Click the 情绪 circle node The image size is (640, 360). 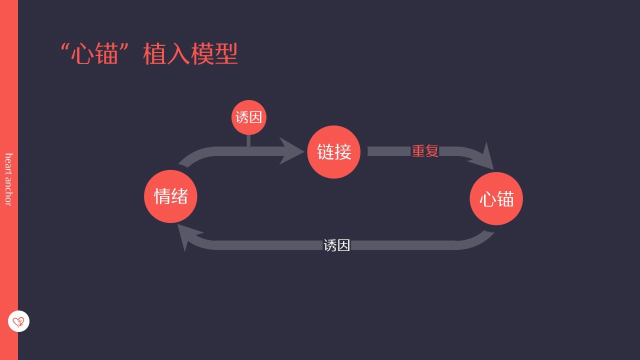click(170, 196)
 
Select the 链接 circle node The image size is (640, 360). click(333, 152)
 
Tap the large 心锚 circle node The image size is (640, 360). click(496, 198)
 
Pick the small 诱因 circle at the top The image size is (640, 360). click(249, 117)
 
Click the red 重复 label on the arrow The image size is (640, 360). click(425, 151)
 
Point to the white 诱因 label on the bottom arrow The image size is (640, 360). click(336, 245)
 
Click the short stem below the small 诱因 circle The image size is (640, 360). click(248, 140)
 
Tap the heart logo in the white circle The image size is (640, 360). click(18, 321)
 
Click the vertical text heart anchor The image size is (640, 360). click(8, 179)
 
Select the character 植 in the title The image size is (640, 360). click(155, 54)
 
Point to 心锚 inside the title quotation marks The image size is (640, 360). click(94, 54)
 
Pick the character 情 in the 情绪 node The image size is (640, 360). click(162, 196)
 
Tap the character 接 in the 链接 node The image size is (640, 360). click(343, 152)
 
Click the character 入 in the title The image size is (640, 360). click(178, 54)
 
